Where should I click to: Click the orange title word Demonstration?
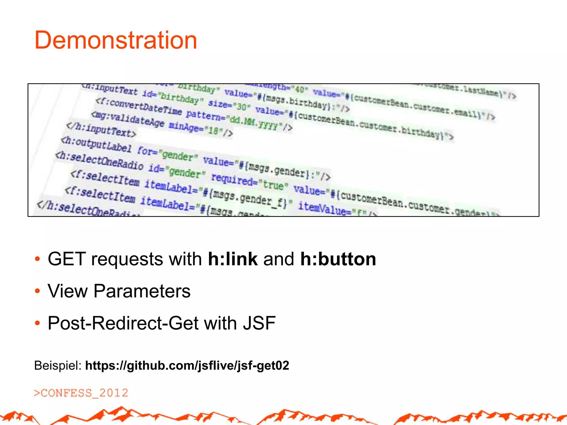(115, 40)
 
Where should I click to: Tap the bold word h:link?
(233, 259)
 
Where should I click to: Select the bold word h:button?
(338, 259)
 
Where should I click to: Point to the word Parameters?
(142, 291)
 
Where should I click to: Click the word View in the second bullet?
(67, 291)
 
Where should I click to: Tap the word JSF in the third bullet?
(259, 323)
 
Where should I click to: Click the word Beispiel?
(58, 366)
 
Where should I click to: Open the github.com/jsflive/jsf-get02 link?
(187, 366)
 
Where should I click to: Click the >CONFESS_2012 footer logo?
(81, 393)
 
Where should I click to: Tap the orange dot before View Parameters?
(38, 291)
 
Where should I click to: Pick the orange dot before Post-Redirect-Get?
(38, 323)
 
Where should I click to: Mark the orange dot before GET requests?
(38, 259)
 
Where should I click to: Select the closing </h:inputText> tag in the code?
(101, 130)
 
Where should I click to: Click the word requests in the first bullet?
(127, 259)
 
